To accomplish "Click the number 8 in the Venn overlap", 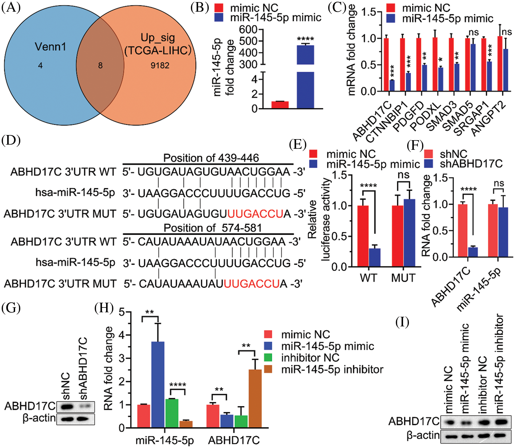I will [100, 65].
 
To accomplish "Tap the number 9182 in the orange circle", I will [160, 65].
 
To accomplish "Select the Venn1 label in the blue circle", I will [50, 46].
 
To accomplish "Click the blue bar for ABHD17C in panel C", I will [392, 85].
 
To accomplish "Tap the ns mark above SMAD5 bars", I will [473, 32].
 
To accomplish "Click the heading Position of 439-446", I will [211, 158].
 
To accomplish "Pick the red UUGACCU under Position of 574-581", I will [252, 284].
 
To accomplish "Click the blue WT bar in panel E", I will [375, 257].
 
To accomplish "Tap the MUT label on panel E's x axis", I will [403, 278].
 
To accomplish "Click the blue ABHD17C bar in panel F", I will [473, 252].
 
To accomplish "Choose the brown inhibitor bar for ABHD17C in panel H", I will [255, 399].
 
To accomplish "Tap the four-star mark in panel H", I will [178, 385].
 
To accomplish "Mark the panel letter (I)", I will [402, 322].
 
